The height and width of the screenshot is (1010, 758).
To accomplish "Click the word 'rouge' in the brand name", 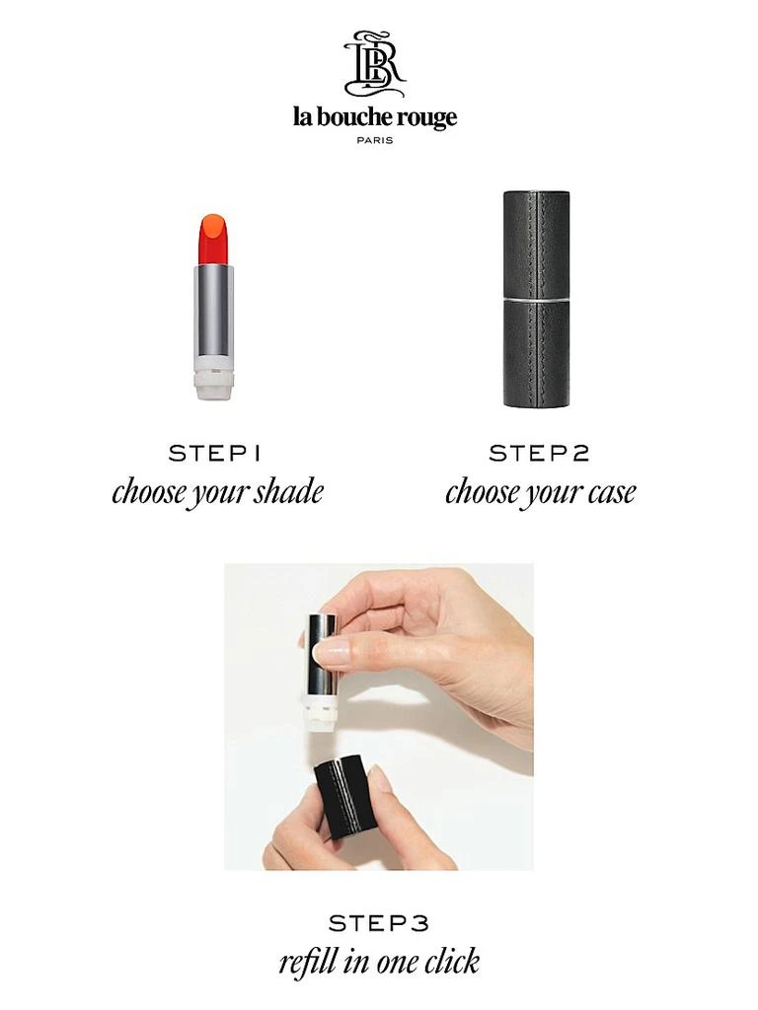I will tap(426, 119).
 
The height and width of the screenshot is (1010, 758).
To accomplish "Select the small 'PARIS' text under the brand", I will tap(374, 140).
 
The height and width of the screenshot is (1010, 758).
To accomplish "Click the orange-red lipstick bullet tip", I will tap(213, 238).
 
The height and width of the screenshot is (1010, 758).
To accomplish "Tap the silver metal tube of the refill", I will tap(213, 311).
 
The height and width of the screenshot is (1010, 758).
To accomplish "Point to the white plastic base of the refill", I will tap(213, 379).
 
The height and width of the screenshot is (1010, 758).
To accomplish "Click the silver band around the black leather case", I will tap(536, 297).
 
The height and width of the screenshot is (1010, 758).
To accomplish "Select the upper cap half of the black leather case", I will tap(536, 242).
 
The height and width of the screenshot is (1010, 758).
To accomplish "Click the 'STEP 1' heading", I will tap(215, 454).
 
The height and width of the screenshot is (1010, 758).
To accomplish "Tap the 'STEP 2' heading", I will tap(539, 454).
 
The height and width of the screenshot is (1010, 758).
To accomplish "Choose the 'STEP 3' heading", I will tap(379, 923).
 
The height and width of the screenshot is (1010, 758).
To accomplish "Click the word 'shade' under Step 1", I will tap(286, 491).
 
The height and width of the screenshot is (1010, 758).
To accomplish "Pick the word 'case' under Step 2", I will tap(609, 491).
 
